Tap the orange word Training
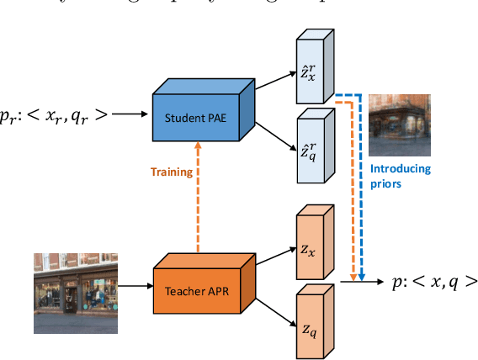click(x=172, y=172)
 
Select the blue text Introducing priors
click(x=401, y=175)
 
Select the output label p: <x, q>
click(x=434, y=283)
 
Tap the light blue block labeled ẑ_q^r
click(x=310, y=151)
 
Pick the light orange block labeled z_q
click(x=310, y=324)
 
